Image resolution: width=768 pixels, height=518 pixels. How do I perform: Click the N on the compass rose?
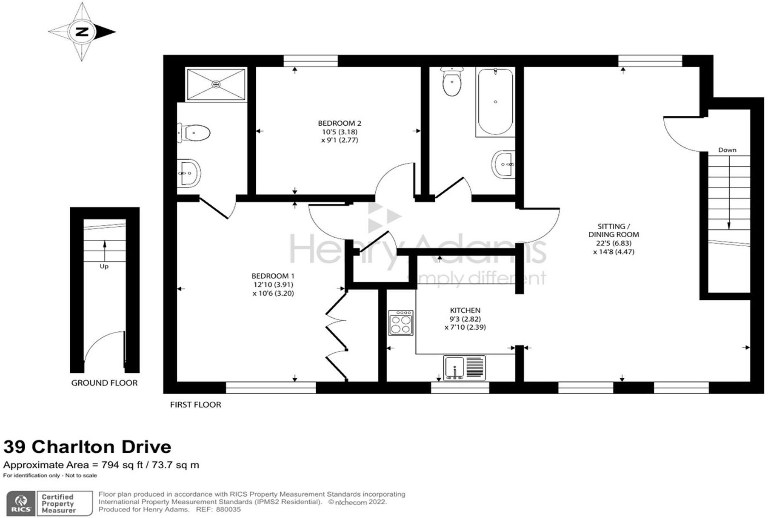point(82,32)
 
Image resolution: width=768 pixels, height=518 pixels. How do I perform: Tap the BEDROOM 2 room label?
point(339,124)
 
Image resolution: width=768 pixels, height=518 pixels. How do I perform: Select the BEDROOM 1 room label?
point(273,276)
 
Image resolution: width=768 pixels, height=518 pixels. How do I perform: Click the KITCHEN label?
point(465,311)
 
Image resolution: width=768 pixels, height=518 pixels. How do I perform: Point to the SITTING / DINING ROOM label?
point(614,230)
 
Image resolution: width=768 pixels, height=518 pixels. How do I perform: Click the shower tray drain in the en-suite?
point(216,84)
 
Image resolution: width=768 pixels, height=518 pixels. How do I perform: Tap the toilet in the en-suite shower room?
point(195,133)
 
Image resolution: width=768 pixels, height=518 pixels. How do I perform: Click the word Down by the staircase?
point(727,150)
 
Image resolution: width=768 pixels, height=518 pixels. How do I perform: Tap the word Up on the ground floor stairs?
point(104,266)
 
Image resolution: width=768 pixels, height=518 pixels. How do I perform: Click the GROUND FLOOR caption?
point(104,383)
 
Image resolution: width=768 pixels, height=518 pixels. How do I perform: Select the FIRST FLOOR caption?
point(195,405)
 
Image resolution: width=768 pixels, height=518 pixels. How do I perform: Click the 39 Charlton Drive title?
point(87,447)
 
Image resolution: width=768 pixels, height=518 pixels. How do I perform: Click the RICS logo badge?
point(20,504)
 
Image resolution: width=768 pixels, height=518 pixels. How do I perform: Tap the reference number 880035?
point(228,509)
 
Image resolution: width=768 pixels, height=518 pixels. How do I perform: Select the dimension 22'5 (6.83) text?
point(614,243)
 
